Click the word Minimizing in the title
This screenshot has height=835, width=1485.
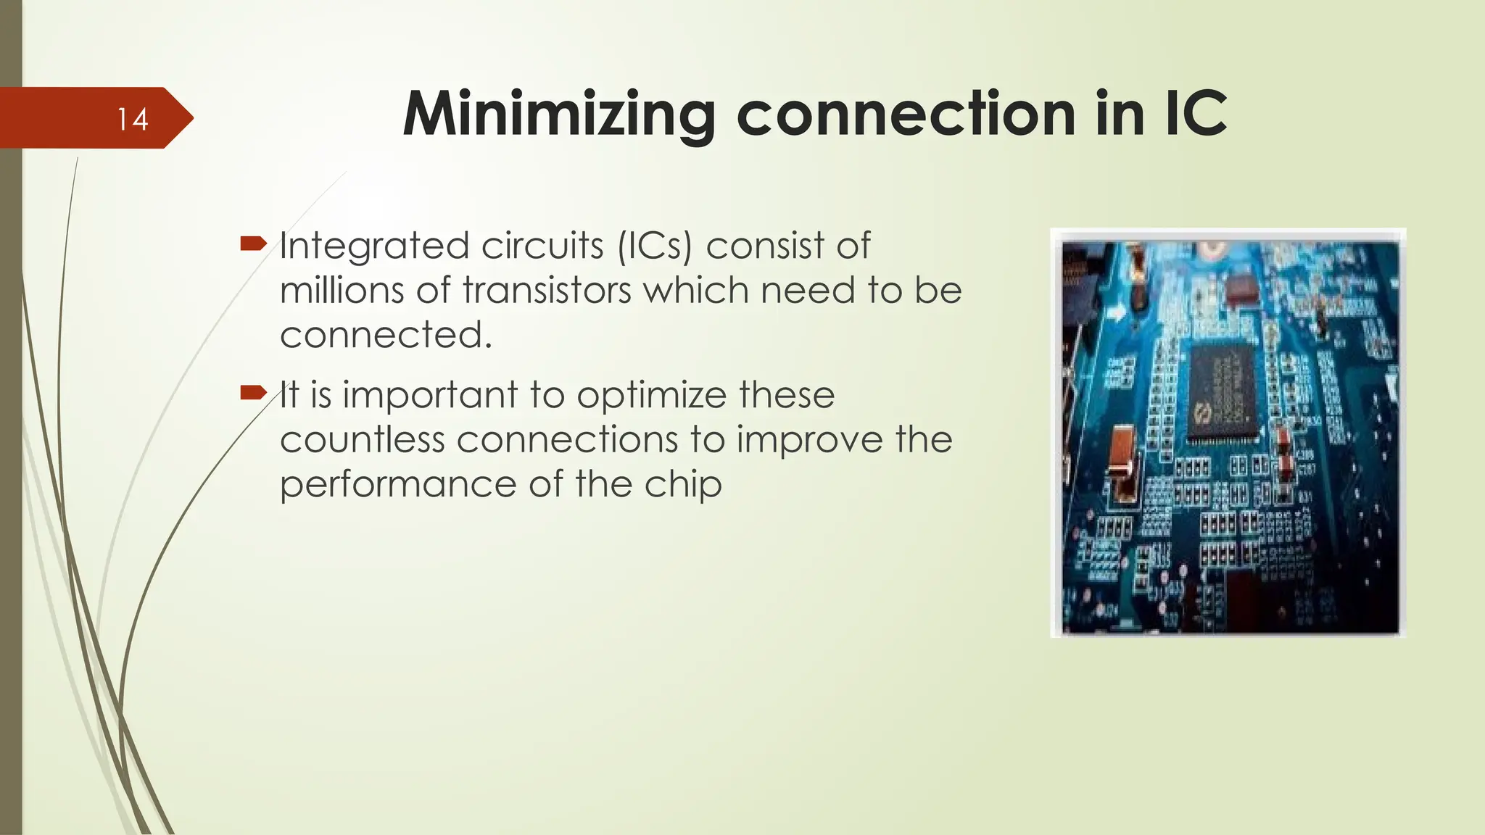click(x=559, y=115)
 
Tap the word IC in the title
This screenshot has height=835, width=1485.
click(x=1196, y=114)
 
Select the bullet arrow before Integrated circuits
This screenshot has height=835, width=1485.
click(x=254, y=244)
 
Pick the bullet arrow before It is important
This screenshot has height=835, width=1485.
click(x=254, y=393)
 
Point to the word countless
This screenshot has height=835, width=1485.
click(x=363, y=440)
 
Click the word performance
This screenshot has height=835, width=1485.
click(x=400, y=485)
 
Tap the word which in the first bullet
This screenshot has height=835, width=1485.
click(x=696, y=290)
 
